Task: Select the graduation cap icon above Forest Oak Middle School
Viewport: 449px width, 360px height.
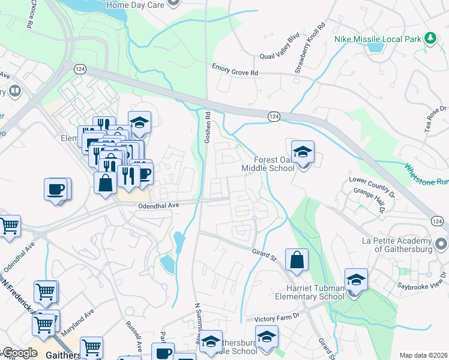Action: click(303, 152)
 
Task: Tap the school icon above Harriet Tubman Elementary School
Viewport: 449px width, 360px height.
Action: click(355, 280)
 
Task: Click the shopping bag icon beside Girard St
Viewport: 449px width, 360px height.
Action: click(297, 260)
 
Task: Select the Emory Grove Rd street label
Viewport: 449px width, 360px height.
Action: click(235, 70)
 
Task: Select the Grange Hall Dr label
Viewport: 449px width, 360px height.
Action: click(376, 201)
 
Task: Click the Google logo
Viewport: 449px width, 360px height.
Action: click(20, 353)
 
